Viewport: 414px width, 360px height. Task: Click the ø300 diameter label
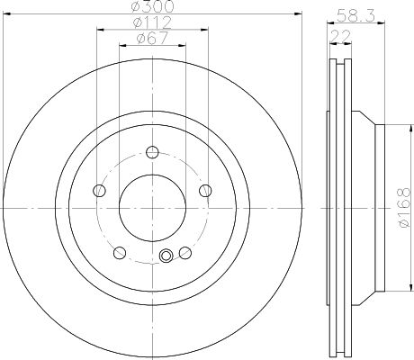153,6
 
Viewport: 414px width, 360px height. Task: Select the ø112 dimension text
152,22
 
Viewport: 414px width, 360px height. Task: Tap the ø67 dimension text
152,38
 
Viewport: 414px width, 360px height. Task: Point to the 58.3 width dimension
355,15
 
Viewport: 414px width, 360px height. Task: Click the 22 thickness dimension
340,37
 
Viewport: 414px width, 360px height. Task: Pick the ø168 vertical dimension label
404,208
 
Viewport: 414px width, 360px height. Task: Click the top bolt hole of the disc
152,152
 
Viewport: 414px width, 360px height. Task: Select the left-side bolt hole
99,191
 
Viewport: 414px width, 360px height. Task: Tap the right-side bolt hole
205,191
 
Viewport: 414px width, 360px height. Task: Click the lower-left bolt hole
120,253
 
